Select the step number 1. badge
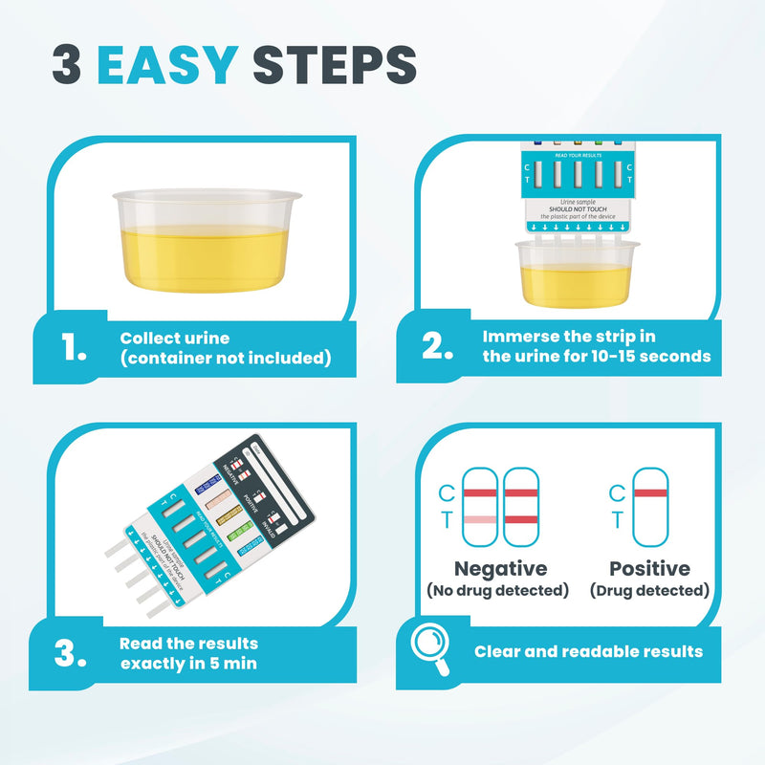74,350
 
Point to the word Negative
500,569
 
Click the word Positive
649,569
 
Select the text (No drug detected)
497,591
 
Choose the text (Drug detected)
649,591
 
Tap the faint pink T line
481,519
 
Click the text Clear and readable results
588,651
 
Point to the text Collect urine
174,339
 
